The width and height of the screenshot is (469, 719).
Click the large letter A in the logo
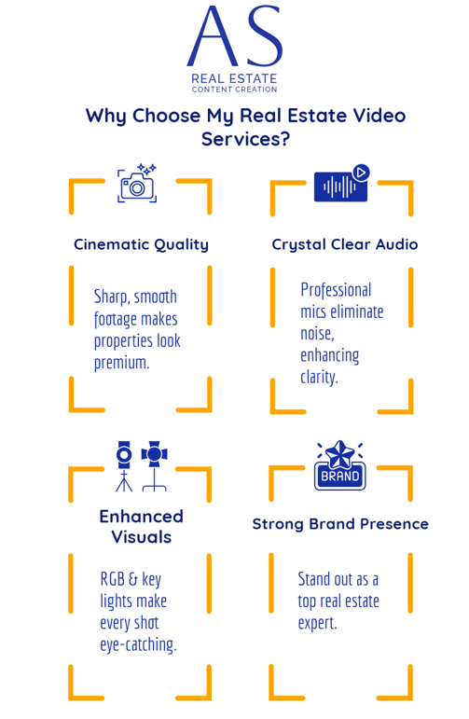point(213,36)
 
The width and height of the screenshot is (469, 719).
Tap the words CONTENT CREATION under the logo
point(234,90)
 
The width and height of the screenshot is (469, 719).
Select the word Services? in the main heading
point(246,139)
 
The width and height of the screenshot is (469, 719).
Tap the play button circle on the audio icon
point(361,173)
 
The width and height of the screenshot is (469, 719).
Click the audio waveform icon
point(340,187)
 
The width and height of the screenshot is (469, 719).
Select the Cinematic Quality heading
point(141,245)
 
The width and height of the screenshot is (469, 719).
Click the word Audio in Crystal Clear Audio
point(397,244)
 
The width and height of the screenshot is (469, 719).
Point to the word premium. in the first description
point(121,363)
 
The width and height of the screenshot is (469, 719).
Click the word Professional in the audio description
point(336,290)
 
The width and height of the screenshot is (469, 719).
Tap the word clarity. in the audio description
point(319,377)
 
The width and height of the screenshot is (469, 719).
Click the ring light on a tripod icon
point(124,466)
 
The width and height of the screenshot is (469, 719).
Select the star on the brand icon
point(340,453)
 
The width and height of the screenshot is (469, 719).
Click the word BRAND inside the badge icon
point(339,477)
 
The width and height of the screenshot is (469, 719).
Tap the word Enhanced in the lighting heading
point(141,517)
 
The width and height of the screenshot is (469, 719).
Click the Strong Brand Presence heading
point(340,524)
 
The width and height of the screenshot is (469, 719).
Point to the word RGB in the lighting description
point(113,579)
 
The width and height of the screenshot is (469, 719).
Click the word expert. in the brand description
point(317,623)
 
